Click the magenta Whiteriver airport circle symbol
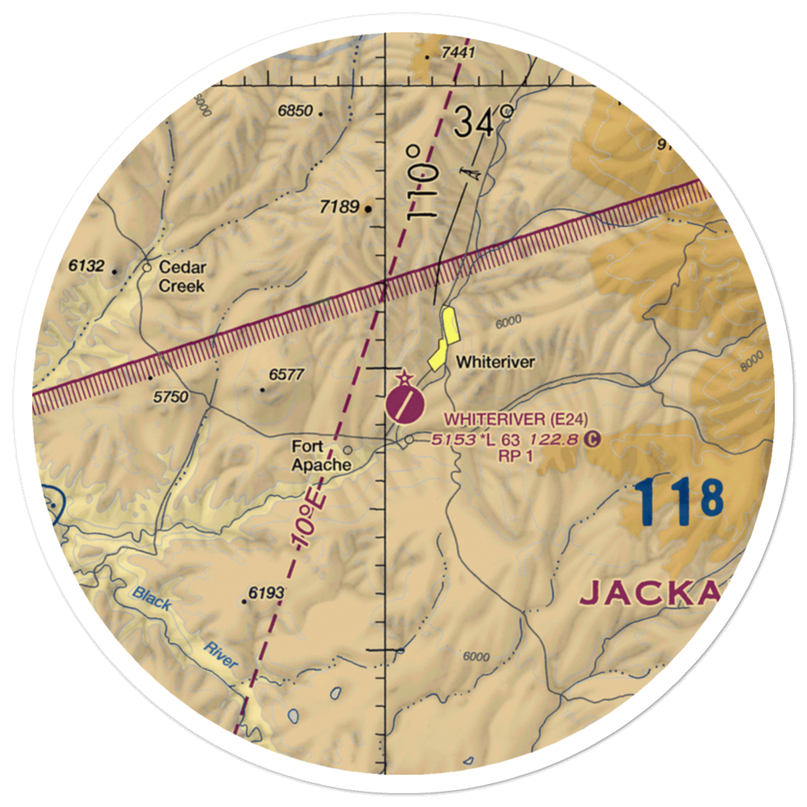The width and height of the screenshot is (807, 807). coord(403,403)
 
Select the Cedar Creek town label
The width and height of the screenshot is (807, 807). coord(182,276)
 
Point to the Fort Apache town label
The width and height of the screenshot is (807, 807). coord(321,456)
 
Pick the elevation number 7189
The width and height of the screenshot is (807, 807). coord(338,207)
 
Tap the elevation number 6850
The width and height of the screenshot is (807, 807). coord(295,112)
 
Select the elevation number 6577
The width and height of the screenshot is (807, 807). coord(287,374)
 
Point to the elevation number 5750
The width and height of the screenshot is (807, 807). coord(170,396)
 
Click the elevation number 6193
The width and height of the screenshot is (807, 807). coord(266,593)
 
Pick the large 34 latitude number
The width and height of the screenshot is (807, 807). coord(473,123)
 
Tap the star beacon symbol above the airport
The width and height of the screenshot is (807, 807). coord(403,378)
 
